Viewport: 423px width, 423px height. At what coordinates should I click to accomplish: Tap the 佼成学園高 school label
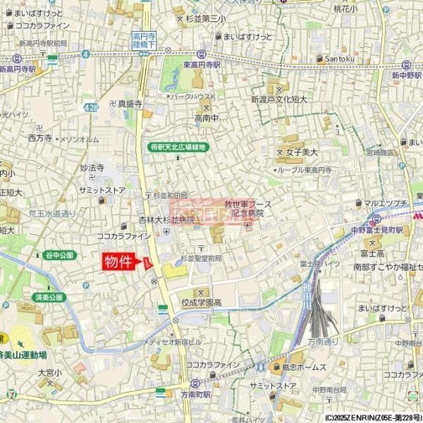[x=198, y=302]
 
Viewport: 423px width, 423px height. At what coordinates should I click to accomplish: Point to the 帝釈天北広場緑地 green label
[x=178, y=147]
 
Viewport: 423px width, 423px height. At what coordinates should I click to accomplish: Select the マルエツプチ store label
[x=387, y=203]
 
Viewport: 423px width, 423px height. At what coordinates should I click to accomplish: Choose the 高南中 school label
[x=207, y=118]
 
